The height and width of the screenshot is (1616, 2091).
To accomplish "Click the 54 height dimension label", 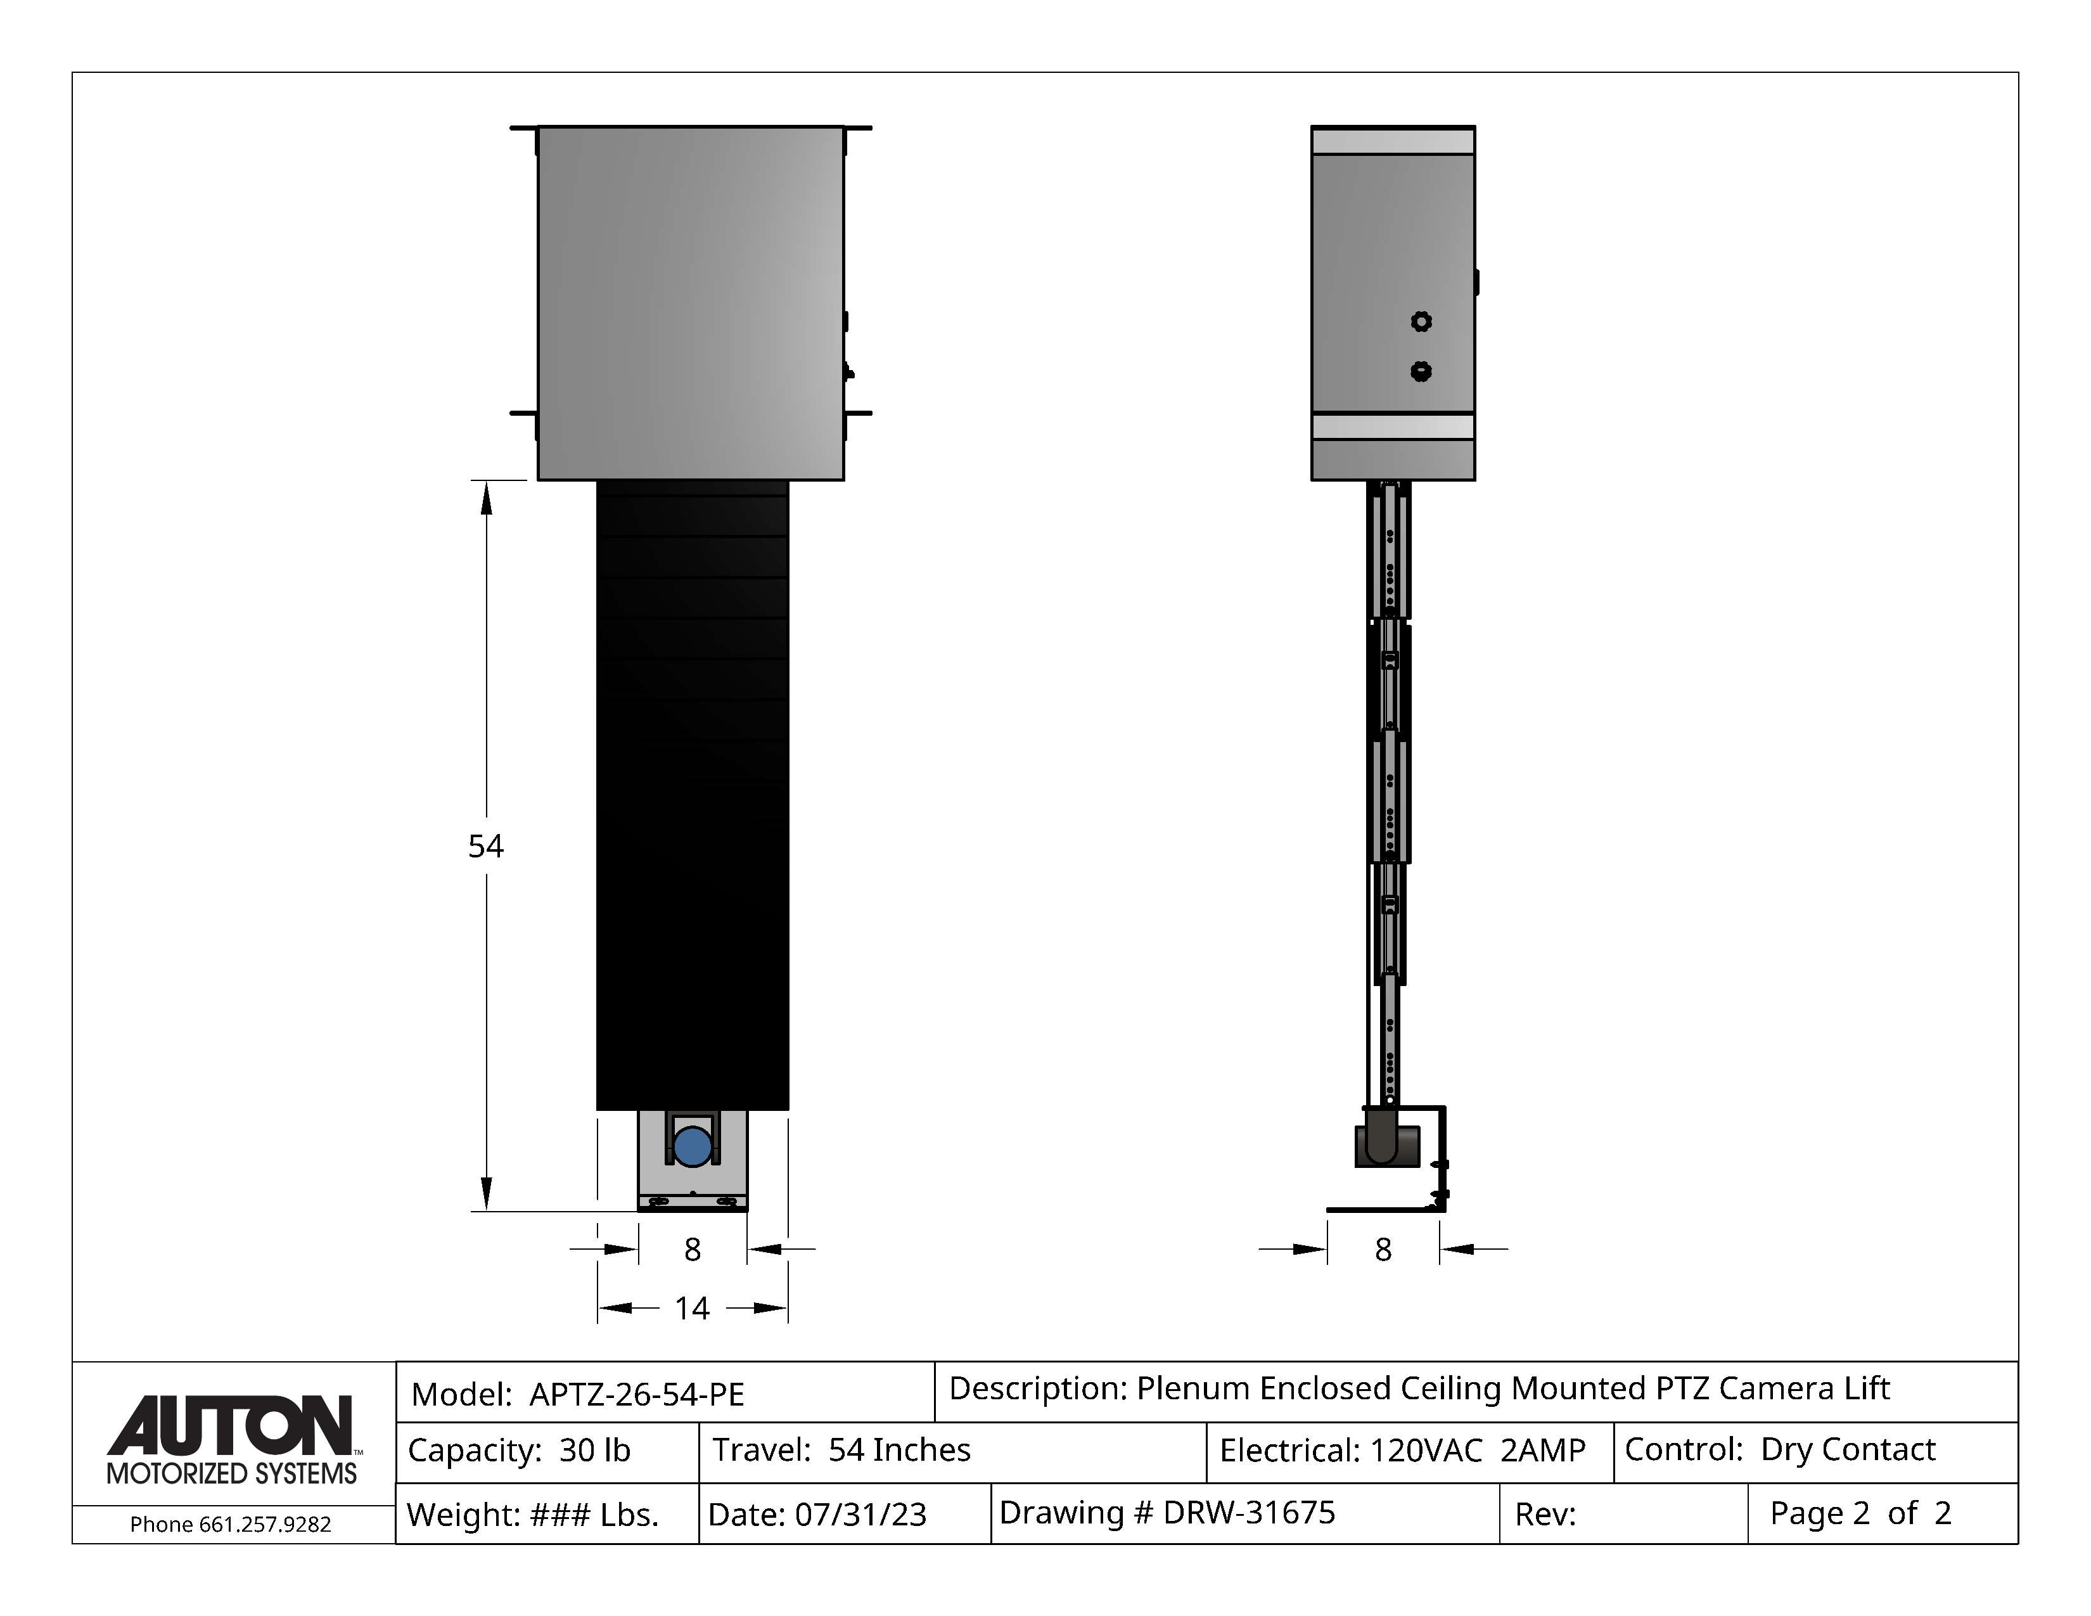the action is click(x=485, y=846).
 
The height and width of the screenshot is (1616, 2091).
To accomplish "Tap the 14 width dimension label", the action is click(x=692, y=1308).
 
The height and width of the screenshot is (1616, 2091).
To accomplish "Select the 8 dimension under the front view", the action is click(x=692, y=1249).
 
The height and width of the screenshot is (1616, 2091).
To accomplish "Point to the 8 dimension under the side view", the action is click(x=1383, y=1249).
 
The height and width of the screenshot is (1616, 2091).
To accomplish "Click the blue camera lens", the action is click(x=692, y=1146).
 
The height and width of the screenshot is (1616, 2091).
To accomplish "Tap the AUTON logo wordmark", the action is click(x=231, y=1425).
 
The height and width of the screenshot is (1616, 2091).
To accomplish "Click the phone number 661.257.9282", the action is click(x=265, y=1524).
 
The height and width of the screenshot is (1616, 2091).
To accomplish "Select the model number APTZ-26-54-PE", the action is click(x=637, y=1394).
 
